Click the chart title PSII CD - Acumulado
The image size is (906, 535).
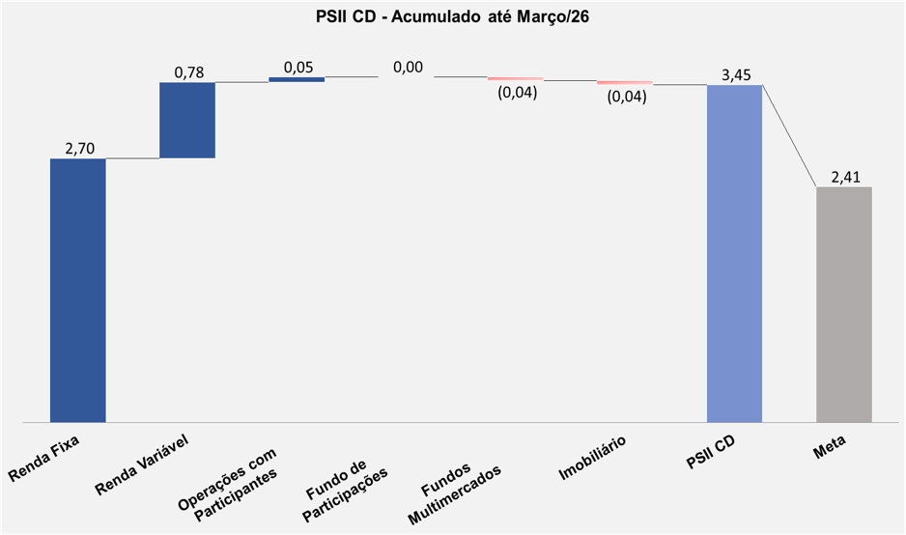pos(452,16)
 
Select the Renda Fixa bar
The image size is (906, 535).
pos(78,290)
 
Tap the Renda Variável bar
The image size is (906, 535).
pos(187,120)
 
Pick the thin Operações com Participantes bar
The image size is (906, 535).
pos(297,79)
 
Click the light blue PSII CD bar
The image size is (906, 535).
pos(734,253)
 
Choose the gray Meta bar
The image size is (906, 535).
pos(844,304)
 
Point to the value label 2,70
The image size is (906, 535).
pos(78,148)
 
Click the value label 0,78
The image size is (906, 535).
pos(188,72)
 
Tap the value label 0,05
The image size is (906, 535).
pos(297,67)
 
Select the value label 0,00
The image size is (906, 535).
pos(408,67)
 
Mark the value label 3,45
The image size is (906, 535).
pos(736,74)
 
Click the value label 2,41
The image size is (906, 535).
pos(844,176)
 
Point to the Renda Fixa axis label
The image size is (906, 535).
pos(43,460)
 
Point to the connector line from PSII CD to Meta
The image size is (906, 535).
pos(789,135)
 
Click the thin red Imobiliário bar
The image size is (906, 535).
pos(625,83)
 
